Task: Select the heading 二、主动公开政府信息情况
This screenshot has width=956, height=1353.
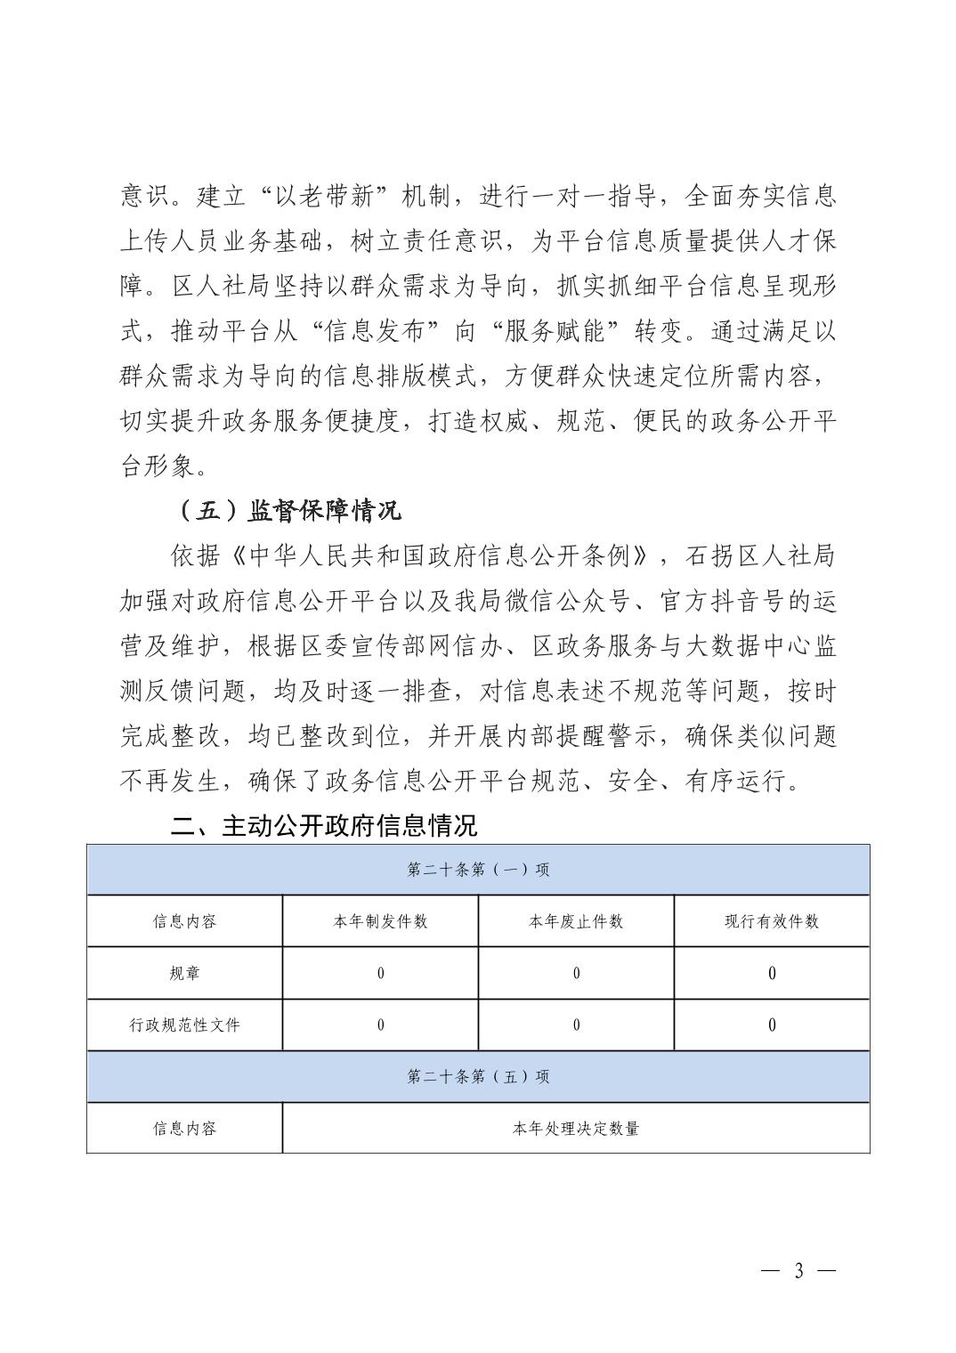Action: click(324, 825)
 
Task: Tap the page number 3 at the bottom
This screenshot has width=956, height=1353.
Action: click(798, 1270)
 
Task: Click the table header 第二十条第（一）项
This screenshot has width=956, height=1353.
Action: click(478, 870)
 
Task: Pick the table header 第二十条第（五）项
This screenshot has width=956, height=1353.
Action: click(478, 1076)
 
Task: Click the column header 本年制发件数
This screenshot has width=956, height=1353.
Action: click(380, 921)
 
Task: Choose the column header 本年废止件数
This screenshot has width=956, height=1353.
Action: click(576, 921)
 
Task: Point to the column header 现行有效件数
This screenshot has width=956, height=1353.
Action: click(772, 921)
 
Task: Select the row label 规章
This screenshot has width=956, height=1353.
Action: click(184, 973)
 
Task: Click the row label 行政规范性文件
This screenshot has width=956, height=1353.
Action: click(184, 1025)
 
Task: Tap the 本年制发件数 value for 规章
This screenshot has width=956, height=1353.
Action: click(380, 973)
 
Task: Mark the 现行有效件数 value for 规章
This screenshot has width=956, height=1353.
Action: click(772, 973)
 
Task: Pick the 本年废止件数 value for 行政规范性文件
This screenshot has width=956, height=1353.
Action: click(576, 1025)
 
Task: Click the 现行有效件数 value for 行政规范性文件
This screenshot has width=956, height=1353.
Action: click(772, 1025)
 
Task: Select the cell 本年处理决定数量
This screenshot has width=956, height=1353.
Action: click(576, 1129)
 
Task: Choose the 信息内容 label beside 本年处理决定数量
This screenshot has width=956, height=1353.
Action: click(184, 1129)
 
